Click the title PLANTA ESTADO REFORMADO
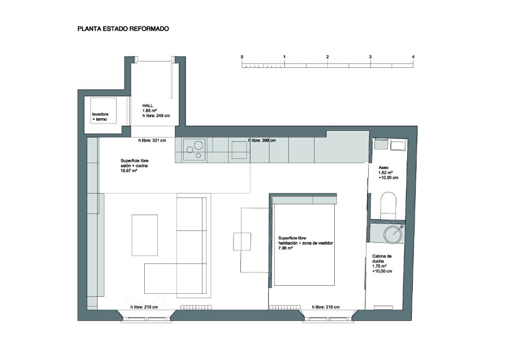tap(123, 29)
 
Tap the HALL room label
tap(148, 106)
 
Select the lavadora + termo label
tap(100, 117)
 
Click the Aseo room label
tap(383, 168)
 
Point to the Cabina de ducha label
tap(382, 259)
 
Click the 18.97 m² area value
tap(128, 170)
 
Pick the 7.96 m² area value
tap(286, 248)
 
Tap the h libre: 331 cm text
tap(152, 140)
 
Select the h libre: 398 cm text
tap(262, 140)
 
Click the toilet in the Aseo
tap(388, 205)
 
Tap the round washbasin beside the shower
tap(393, 234)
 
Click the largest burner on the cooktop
tap(199, 144)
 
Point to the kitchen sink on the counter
tap(239, 150)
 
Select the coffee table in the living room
tap(144, 234)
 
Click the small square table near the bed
tap(242, 241)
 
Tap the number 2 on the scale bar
tap(327, 57)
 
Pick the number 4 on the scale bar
tap(413, 57)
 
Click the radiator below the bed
tap(284, 307)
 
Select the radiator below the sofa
tap(196, 307)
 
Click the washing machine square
tap(103, 110)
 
